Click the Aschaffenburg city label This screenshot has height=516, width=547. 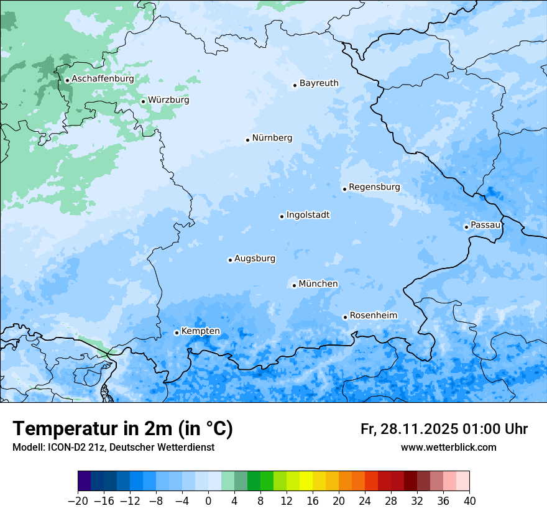(103, 79)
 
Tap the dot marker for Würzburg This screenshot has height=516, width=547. (143, 101)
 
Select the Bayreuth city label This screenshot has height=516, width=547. (319, 83)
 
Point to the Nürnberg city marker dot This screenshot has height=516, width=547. (247, 140)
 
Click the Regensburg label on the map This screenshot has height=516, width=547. (374, 187)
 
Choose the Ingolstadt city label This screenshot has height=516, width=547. (308, 215)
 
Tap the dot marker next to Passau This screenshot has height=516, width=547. (466, 227)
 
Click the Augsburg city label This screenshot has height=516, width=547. (255, 259)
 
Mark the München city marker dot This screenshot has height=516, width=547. (294, 285)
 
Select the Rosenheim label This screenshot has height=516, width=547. (373, 316)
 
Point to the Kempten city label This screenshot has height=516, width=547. (200, 331)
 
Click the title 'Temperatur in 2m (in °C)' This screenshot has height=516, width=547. (122, 429)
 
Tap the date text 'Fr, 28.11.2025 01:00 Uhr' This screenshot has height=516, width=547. (444, 429)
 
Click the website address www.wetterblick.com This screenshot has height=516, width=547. (448, 447)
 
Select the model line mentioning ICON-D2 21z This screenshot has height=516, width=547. (113, 447)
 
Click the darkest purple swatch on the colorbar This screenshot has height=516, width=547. (85, 481)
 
